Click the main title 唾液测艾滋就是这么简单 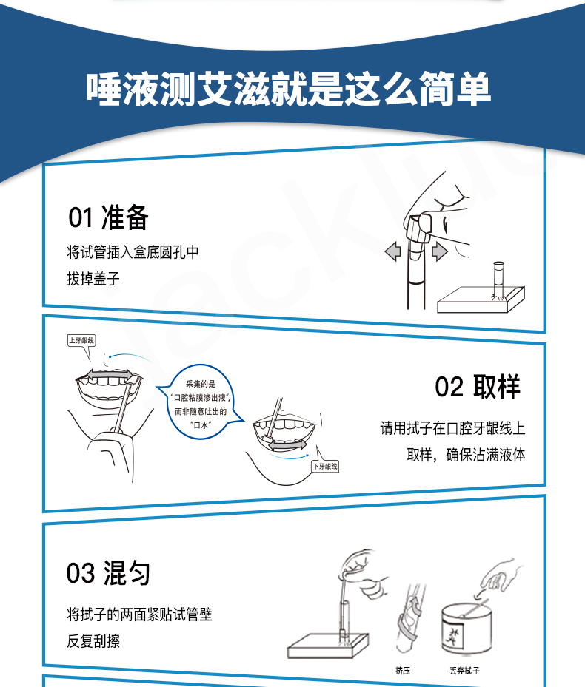tap(288, 89)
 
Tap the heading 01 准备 tap(108, 217)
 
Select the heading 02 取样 tap(478, 387)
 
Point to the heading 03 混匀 tap(108, 573)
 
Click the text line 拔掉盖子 tap(93, 278)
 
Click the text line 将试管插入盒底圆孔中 tap(133, 252)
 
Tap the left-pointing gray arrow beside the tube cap tap(392, 252)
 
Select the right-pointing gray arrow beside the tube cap tap(440, 252)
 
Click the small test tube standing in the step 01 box tap(498, 280)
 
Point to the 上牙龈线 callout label tap(81, 340)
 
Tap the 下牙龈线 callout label tap(325, 466)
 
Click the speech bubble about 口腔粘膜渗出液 tap(201, 404)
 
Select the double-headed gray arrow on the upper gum tap(109, 376)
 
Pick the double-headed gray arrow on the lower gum tap(288, 444)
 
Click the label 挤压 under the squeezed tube tap(402, 670)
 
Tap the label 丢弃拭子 tap(464, 670)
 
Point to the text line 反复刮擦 tap(93, 641)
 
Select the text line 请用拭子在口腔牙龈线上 tap(453, 428)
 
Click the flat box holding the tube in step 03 tap(328, 646)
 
